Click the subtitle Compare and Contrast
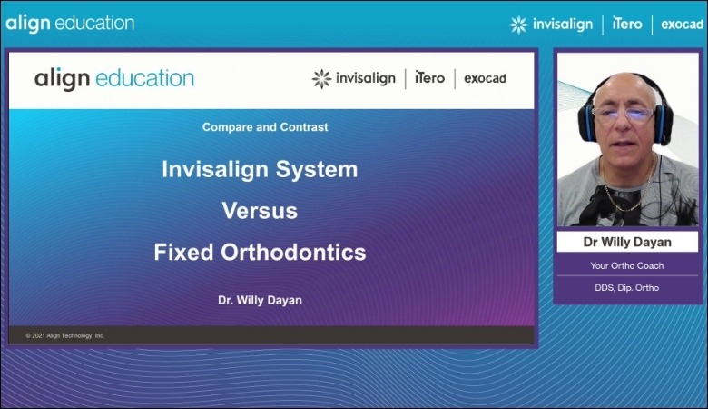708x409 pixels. coord(265,127)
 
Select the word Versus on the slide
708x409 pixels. coord(260,211)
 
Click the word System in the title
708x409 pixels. coord(318,170)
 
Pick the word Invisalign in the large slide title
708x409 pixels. coord(216,170)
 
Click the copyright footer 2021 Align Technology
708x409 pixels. coord(65,335)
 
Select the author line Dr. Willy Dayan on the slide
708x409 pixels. coord(260,300)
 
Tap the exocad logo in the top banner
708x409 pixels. coord(681,24)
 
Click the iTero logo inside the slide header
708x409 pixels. coord(429,78)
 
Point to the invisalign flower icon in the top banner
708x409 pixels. coord(518,24)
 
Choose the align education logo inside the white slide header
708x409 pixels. coord(114,78)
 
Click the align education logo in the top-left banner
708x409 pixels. coord(70,23)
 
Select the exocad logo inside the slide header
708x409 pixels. coord(485,79)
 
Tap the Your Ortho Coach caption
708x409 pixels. coord(627,266)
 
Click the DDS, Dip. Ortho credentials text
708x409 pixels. coord(627,288)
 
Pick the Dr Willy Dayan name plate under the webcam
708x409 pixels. coord(627,243)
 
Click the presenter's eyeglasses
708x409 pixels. coord(624,116)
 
